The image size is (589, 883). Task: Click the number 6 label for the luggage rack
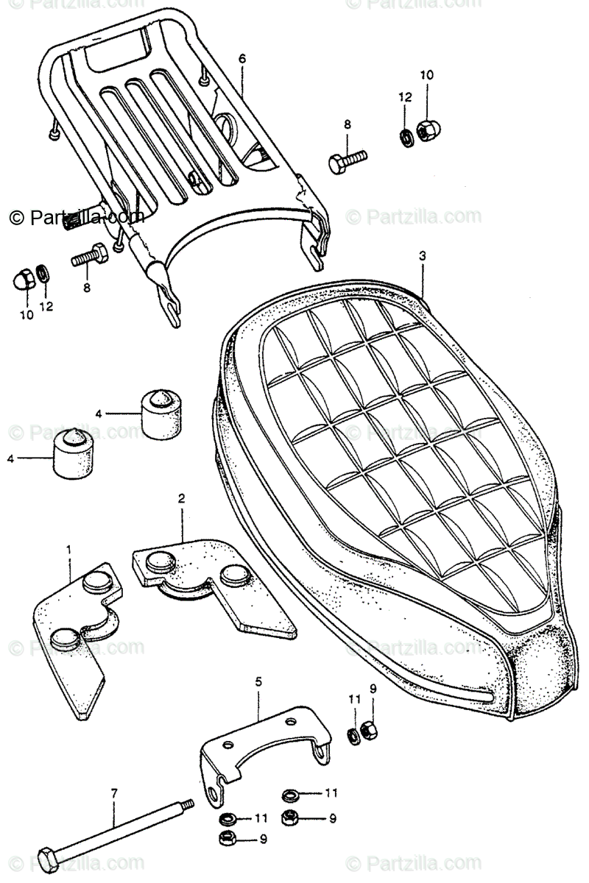242,58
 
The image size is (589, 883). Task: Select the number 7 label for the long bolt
114,794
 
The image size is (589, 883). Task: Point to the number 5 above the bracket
258,682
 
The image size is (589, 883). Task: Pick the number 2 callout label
181,498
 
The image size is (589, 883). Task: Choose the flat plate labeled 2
214,581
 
